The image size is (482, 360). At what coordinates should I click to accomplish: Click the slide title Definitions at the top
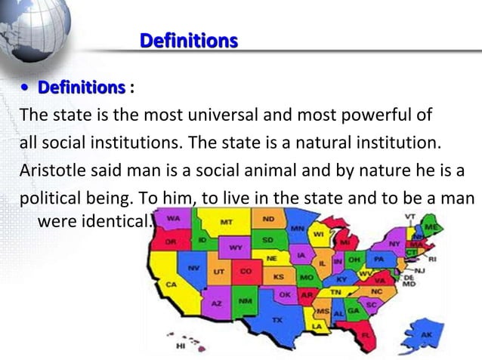189,40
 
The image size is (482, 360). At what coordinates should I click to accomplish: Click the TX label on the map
277,320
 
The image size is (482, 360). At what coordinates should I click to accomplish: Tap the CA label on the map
171,285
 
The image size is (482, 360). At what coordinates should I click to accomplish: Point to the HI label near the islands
181,346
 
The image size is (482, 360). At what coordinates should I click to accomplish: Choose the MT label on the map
226,223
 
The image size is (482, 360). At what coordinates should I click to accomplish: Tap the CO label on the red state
246,270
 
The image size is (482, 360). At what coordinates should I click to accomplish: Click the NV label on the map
194,268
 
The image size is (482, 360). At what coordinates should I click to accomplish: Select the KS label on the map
279,275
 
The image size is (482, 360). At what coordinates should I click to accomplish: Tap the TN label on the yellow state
335,291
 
